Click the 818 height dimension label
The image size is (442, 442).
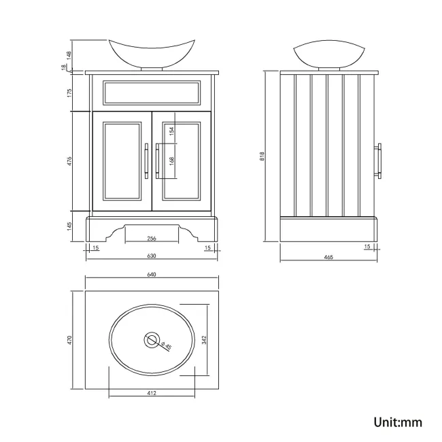[x=262, y=156]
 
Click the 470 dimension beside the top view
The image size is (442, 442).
[x=69, y=341]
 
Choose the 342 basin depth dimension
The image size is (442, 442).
[x=203, y=339]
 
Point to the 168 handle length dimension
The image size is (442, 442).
[x=172, y=161]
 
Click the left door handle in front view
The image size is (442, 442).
[x=146, y=160]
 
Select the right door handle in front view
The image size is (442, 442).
[x=157, y=160]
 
